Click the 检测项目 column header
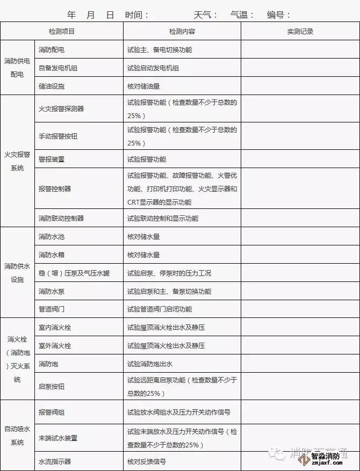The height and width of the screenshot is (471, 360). (x=62, y=32)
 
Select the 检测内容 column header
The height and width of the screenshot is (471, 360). (x=182, y=32)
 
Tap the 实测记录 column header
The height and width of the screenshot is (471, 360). (x=300, y=32)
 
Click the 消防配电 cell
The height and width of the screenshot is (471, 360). (x=52, y=50)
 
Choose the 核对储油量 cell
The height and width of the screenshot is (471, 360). (x=143, y=86)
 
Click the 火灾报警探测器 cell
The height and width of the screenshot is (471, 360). (x=61, y=109)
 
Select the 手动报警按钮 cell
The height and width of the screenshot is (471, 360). (x=58, y=136)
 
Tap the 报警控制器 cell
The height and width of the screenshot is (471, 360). (x=55, y=189)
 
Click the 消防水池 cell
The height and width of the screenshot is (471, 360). (x=52, y=237)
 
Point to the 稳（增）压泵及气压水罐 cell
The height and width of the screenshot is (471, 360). (x=74, y=273)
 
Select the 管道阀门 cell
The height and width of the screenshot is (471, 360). (x=52, y=309)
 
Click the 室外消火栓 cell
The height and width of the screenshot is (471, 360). (x=55, y=345)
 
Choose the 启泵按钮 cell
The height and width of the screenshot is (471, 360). (x=52, y=387)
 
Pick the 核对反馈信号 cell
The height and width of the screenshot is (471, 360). (x=147, y=461)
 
